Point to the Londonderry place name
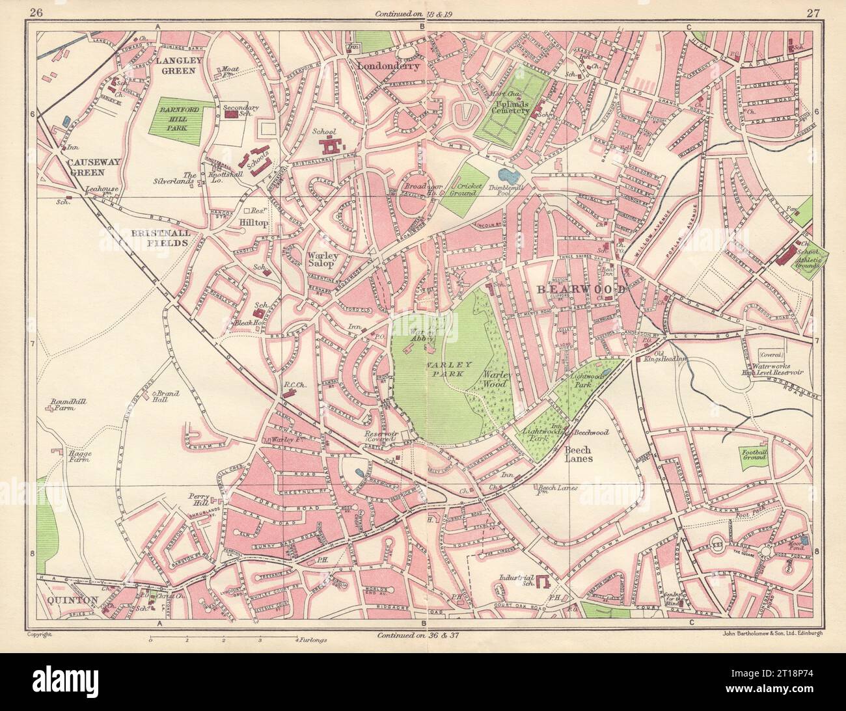pyautogui.click(x=389, y=66)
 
